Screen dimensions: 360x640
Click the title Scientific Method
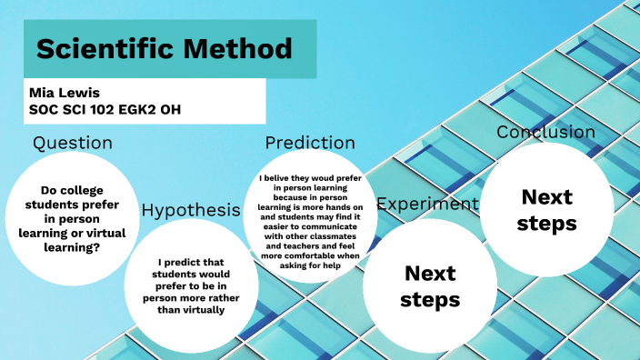tap(164, 48)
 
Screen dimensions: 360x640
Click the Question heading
tap(73, 143)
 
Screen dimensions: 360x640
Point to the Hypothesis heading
tap(190, 210)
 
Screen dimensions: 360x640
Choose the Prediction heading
tap(310, 143)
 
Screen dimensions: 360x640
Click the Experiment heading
tap(427, 204)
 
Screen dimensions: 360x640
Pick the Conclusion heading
tap(545, 133)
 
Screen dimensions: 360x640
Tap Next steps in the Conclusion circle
tap(546, 210)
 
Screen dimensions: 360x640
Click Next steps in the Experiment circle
tap(430, 285)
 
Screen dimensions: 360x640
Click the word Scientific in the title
tap(109, 48)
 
